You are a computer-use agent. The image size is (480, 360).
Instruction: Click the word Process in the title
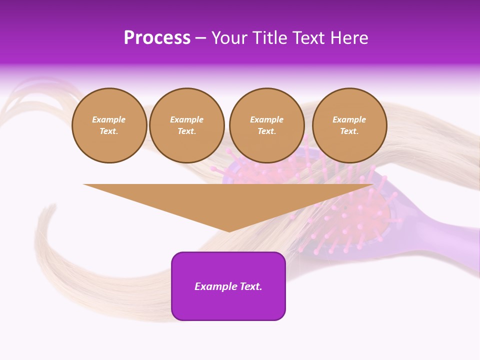click(x=157, y=38)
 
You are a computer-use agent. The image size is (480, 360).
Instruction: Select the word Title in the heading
click(x=268, y=38)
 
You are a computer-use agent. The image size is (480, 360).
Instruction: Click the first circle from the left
click(x=109, y=125)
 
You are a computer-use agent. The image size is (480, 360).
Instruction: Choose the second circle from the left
click(x=187, y=125)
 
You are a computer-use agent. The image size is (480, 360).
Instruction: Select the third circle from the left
click(x=267, y=125)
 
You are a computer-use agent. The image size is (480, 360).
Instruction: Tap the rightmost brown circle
click(x=349, y=125)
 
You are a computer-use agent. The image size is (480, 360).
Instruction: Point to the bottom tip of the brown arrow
click(x=229, y=231)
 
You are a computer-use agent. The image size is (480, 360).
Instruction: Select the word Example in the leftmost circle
click(x=109, y=119)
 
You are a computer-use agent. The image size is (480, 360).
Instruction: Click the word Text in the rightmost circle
click(x=349, y=131)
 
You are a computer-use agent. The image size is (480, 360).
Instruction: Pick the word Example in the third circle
click(x=267, y=119)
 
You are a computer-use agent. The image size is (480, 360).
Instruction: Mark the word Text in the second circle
click(x=186, y=131)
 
